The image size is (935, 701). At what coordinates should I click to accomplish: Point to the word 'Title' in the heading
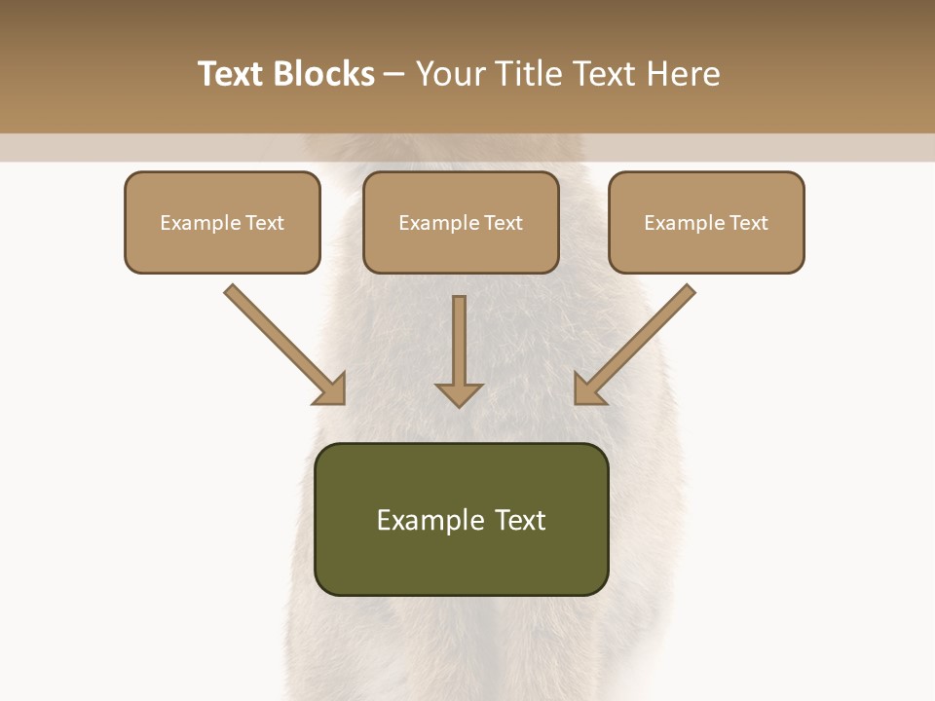click(x=533, y=74)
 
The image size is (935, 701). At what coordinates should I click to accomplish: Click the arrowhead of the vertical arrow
click(x=460, y=393)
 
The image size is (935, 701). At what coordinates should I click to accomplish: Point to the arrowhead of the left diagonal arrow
click(x=331, y=389)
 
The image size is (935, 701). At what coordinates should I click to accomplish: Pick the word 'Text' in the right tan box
click(x=748, y=223)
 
